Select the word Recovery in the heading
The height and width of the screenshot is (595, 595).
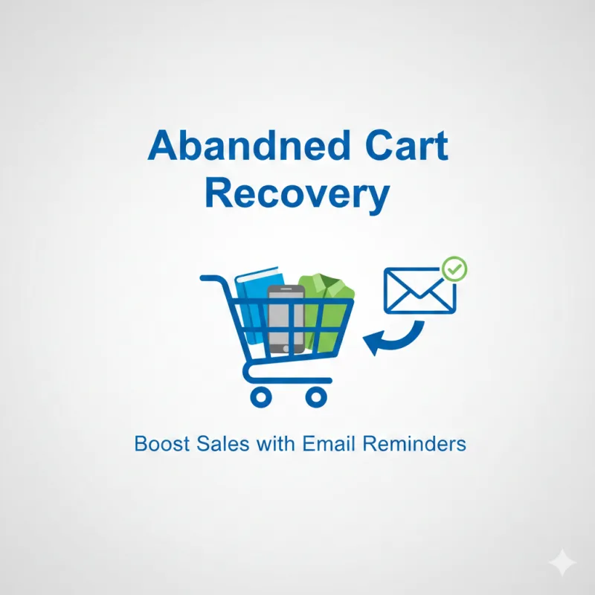point(297,193)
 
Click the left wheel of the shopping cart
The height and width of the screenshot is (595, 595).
point(260,396)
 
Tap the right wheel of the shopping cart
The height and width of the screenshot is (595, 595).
point(316,396)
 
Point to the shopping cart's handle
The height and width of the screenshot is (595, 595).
point(211,280)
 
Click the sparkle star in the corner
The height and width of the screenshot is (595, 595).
point(562,563)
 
